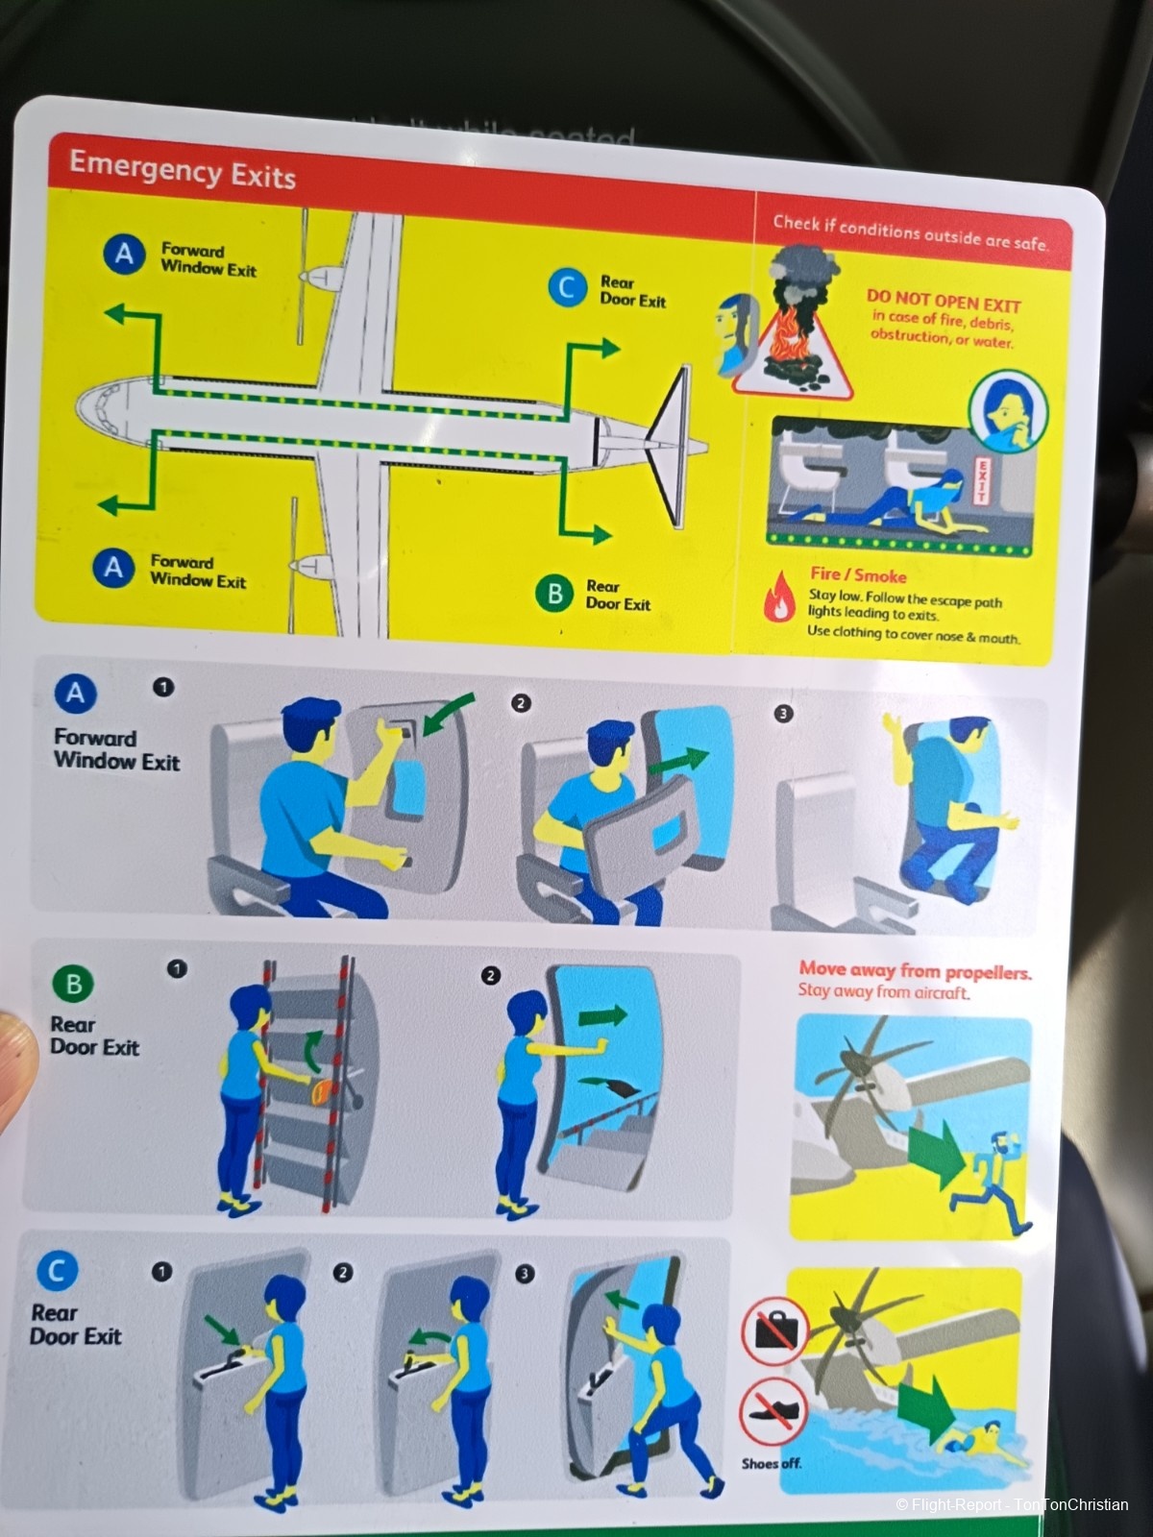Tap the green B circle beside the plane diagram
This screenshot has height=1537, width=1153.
point(554,594)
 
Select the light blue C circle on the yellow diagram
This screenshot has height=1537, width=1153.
point(567,288)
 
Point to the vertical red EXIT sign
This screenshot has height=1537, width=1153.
point(981,480)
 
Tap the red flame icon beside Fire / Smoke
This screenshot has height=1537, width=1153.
point(778,597)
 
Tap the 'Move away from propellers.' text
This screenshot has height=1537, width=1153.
point(915,971)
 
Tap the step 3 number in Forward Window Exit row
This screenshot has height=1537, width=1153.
point(783,714)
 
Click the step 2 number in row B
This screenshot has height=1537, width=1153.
point(491,975)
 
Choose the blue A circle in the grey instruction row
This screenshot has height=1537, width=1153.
point(75,694)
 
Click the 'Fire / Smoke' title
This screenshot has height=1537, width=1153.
point(858,574)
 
